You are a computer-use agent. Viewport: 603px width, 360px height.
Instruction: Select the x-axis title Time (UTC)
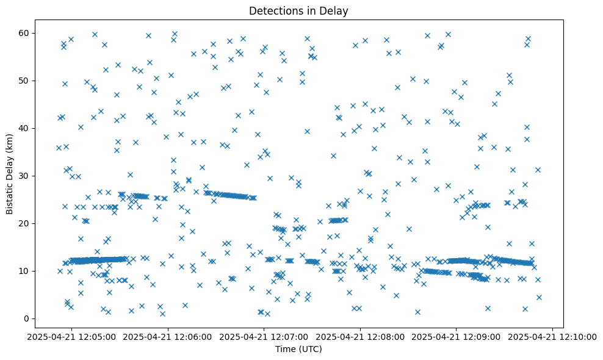tap(298, 349)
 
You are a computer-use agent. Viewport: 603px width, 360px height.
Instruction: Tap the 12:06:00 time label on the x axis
tap(168, 336)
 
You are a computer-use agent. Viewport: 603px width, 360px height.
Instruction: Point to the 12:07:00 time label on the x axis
tap(264, 336)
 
